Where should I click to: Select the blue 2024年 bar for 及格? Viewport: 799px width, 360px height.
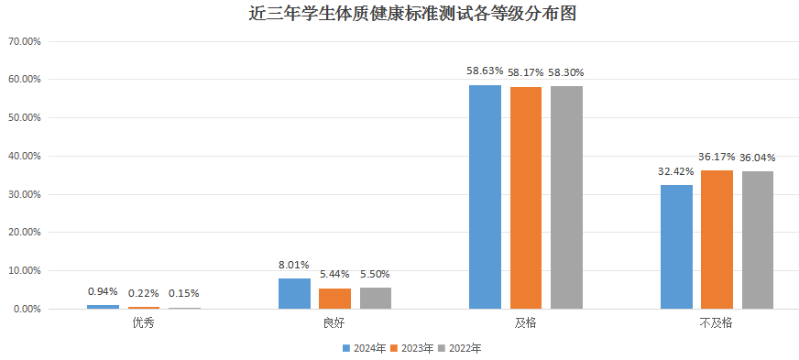tap(485, 197)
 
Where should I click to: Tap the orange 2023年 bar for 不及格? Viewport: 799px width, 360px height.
tap(717, 239)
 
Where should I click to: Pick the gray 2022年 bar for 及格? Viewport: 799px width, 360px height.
tap(566, 197)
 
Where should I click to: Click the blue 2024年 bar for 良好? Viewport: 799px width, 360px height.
tap(294, 293)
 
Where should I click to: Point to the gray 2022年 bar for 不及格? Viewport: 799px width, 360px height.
tap(757, 240)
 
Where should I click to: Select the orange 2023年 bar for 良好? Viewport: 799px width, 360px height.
tap(334, 299)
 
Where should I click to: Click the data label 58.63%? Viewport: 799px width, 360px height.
tap(485, 70)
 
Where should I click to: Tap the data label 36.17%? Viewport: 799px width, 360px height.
tap(717, 157)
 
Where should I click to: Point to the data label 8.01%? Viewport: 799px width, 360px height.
tap(294, 266)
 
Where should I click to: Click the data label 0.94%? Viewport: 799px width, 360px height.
tap(103, 291)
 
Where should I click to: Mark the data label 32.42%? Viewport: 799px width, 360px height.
tap(676, 170)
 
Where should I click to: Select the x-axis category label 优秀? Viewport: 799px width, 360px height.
tap(143, 323)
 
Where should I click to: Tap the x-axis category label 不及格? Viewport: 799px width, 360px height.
tap(717, 323)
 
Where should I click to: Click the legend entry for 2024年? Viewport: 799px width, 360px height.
tap(364, 348)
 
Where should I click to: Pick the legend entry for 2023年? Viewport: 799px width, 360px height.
tap(412, 348)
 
